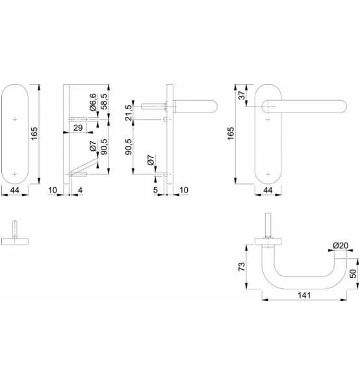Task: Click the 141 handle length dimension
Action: [304, 295]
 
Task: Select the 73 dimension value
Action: [242, 267]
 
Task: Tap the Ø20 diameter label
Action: [341, 245]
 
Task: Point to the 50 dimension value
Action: [353, 274]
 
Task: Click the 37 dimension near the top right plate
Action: [242, 95]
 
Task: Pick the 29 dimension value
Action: [78, 127]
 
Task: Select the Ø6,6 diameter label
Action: [93, 102]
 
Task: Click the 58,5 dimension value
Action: [104, 101]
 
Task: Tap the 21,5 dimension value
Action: [129, 113]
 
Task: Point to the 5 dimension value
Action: [155, 190]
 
